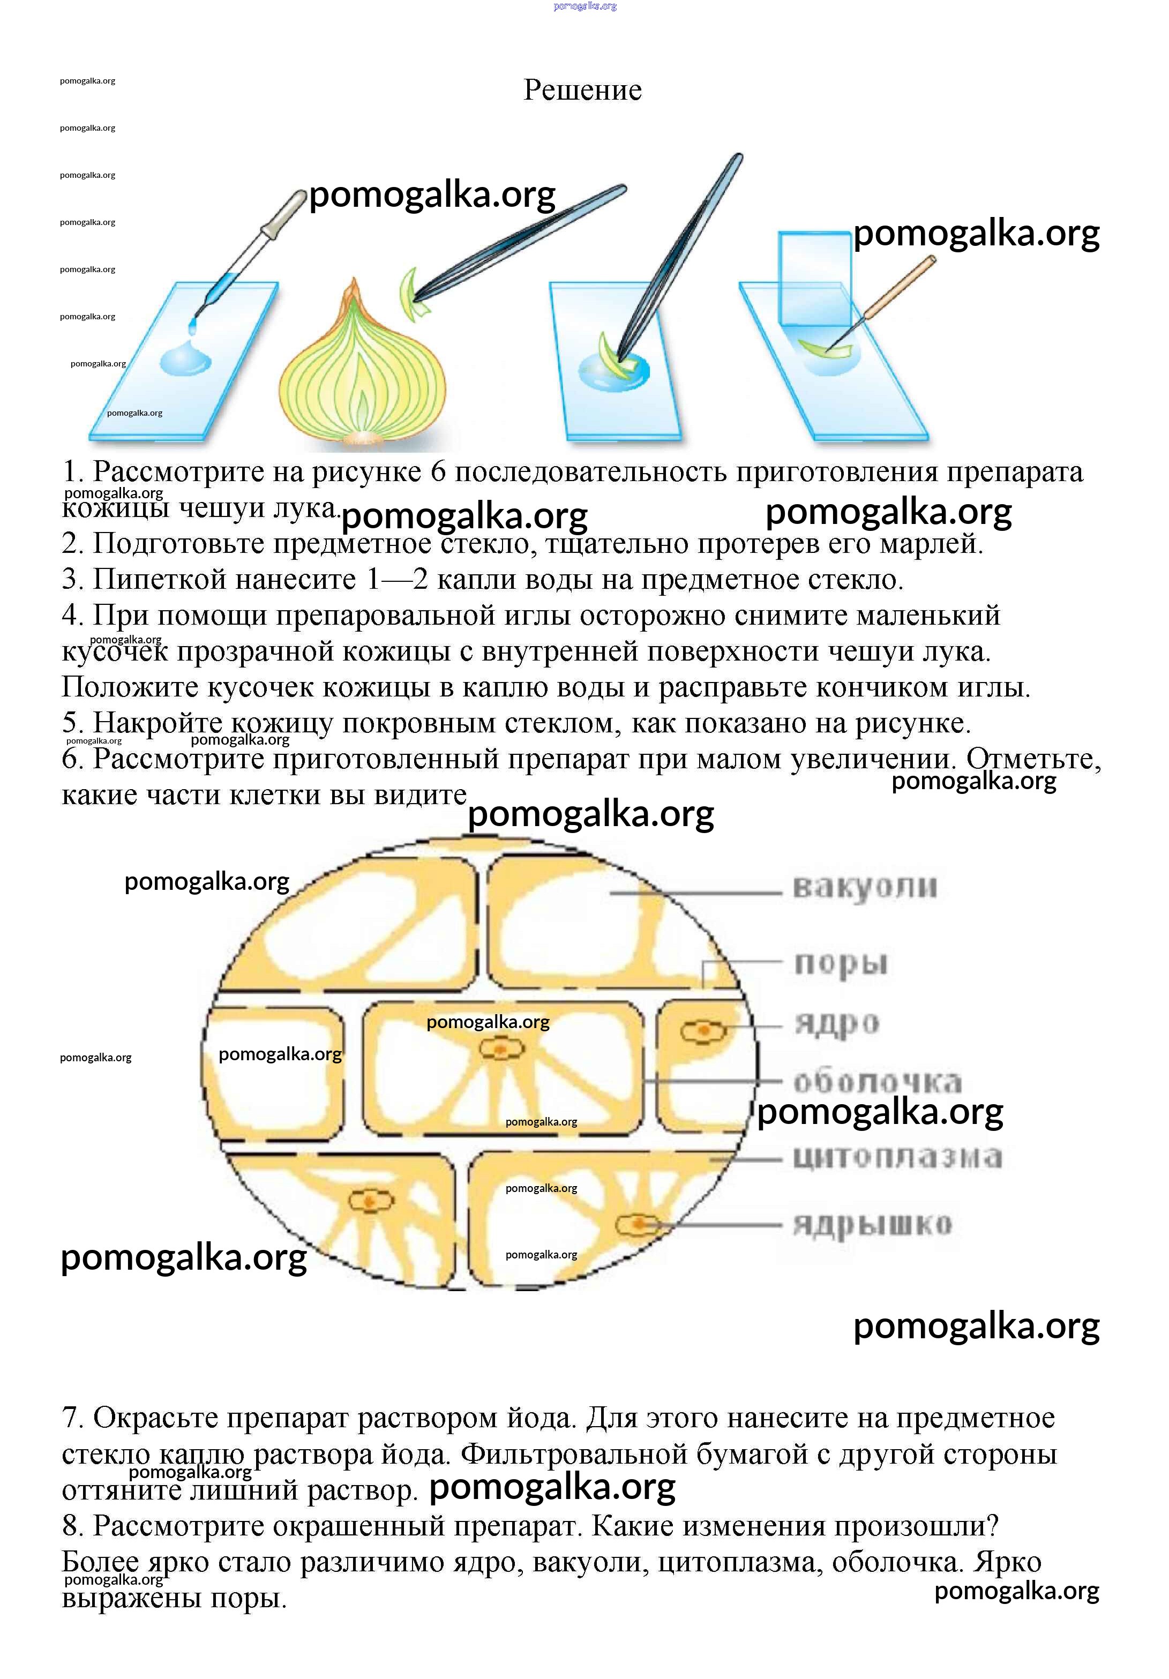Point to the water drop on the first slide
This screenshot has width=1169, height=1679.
click(x=184, y=360)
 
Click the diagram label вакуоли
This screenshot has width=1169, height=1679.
click(x=864, y=887)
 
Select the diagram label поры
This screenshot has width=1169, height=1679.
click(x=841, y=963)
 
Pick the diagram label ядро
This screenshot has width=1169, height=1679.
click(x=836, y=1023)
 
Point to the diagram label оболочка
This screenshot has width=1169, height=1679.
click(x=878, y=1082)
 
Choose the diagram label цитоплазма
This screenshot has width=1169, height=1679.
click(x=897, y=1157)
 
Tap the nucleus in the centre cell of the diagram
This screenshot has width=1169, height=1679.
click(x=501, y=1050)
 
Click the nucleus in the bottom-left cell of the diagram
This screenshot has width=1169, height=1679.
click(x=371, y=1201)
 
